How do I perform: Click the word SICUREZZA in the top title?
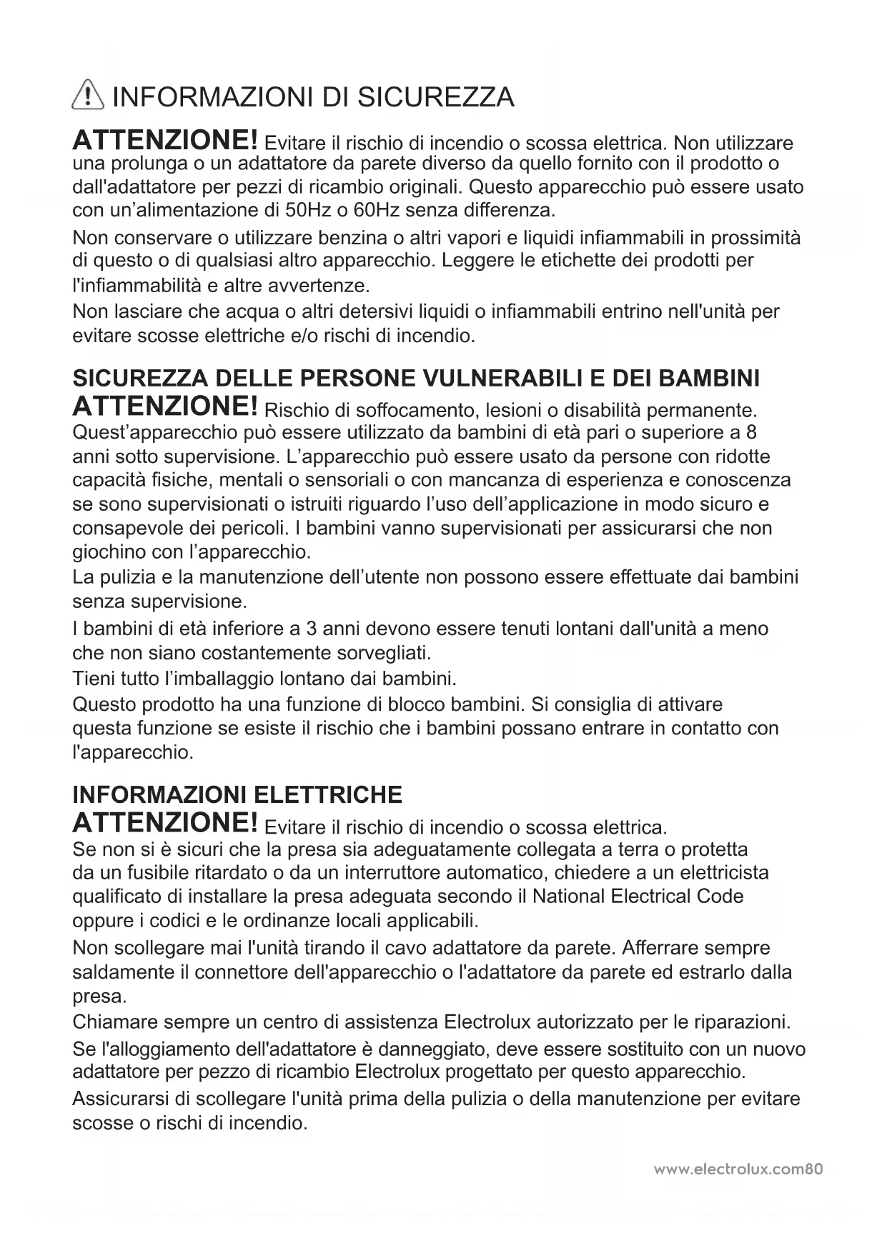tap(435, 97)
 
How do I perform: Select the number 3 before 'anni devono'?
tap(311, 629)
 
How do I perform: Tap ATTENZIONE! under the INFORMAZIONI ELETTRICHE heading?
tap(165, 824)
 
